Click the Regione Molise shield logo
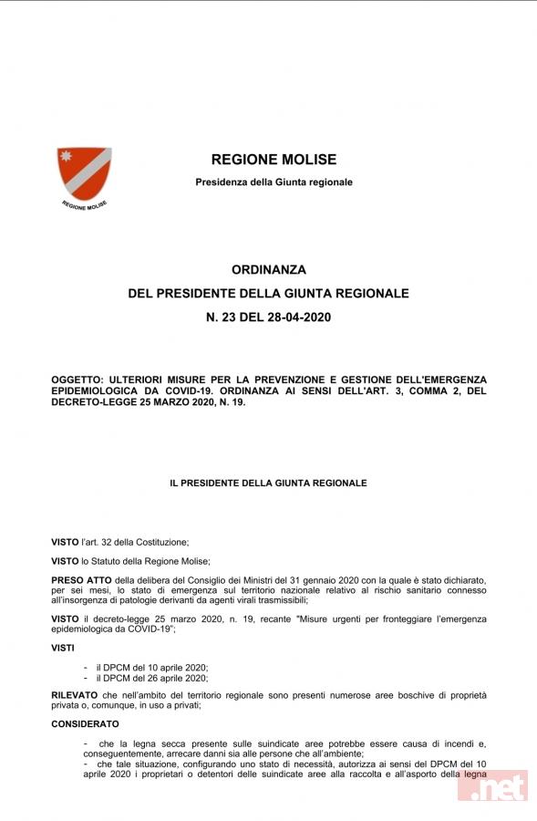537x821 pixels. click(83, 171)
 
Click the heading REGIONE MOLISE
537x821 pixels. click(274, 160)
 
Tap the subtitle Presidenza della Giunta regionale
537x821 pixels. click(274, 182)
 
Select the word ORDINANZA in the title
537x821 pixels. click(269, 270)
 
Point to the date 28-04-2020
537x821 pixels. click(295, 317)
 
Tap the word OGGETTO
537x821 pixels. click(79, 379)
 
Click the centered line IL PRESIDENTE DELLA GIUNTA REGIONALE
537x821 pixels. click(268, 483)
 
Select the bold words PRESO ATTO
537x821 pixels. click(81, 580)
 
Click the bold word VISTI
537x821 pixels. click(65, 648)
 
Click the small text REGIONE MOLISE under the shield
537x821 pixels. click(84, 205)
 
